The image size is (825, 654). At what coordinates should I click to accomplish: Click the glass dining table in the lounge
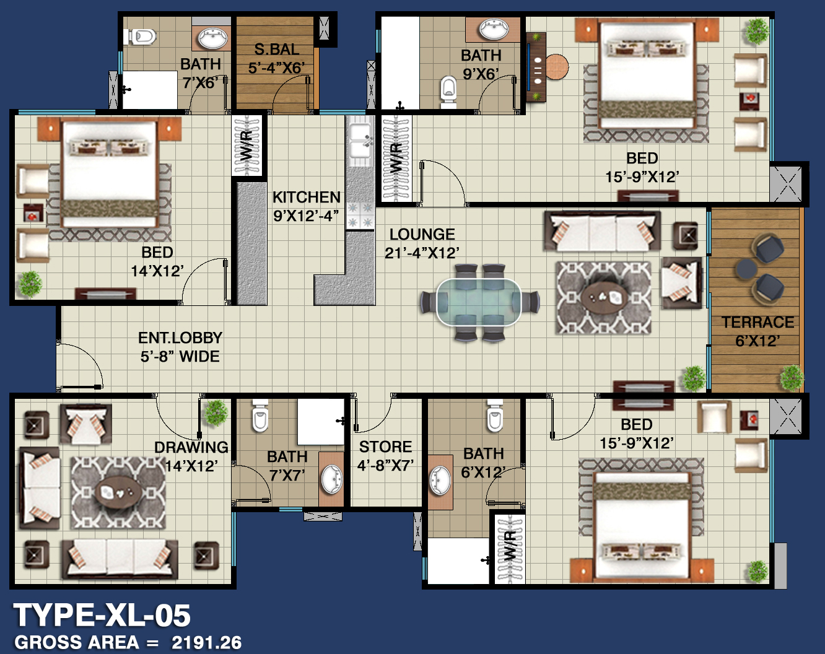pos(478,302)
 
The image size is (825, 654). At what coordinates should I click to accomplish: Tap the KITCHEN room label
pos(307,197)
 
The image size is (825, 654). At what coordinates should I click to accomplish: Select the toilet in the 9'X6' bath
pos(448,92)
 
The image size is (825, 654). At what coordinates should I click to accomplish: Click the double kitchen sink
pos(360,141)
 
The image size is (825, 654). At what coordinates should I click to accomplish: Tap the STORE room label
pos(385,447)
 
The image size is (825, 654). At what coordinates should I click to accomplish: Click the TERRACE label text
pos(757,322)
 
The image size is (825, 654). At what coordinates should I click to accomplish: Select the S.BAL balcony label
pos(276,50)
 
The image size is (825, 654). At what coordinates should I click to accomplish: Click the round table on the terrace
pos(746,269)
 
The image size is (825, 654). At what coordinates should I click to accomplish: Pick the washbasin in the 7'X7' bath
pos(331,479)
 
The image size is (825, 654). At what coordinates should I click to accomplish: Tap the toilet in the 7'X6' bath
pos(141,37)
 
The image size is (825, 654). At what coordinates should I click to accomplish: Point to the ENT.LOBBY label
pos(180,338)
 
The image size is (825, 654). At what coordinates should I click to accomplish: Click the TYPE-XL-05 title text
pos(102,616)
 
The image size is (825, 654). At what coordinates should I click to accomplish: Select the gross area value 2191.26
pos(207,642)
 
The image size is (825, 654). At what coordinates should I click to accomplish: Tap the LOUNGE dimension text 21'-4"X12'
pos(422,253)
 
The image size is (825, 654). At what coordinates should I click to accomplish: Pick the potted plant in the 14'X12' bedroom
pos(30,284)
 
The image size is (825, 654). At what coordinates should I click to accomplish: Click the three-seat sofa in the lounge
pos(602,232)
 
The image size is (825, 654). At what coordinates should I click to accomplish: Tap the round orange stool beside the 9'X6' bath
pos(557,67)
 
